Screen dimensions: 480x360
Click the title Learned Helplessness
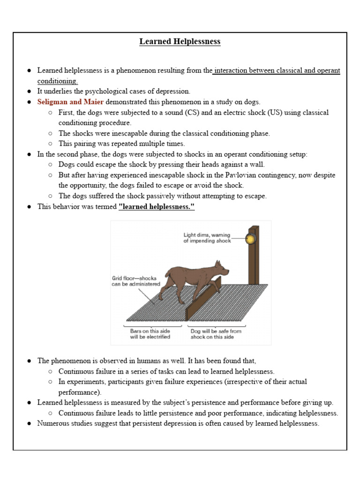coord(180,42)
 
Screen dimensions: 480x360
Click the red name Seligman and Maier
coord(70,102)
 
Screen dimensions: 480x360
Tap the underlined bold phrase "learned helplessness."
coord(157,207)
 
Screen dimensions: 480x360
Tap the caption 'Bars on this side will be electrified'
coord(150,334)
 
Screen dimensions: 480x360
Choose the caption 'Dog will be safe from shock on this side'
coord(216,334)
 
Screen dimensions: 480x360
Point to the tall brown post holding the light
coord(254,262)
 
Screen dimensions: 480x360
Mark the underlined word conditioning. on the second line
coord(58,81)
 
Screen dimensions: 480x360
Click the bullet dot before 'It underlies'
coord(29,91)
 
